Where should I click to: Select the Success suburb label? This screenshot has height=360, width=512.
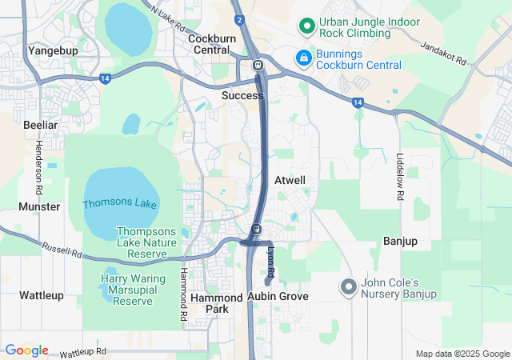tap(242, 95)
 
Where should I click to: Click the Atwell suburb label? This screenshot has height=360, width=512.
tap(290, 180)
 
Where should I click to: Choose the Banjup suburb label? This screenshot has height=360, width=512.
tap(401, 241)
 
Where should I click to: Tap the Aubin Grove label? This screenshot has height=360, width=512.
tap(278, 296)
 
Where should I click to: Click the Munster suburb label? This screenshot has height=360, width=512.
tap(39, 206)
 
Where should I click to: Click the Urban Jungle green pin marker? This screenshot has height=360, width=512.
tap(305, 26)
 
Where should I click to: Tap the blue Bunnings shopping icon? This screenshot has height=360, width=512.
tap(304, 58)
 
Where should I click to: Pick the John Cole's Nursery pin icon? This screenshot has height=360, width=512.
tap(348, 286)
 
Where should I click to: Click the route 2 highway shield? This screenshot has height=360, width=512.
tap(238, 19)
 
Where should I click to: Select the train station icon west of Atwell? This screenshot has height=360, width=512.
tap(256, 230)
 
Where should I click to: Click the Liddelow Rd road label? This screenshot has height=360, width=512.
tap(400, 176)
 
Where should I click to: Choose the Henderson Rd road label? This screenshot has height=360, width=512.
tap(38, 167)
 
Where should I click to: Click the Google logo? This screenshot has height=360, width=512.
tap(26, 350)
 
